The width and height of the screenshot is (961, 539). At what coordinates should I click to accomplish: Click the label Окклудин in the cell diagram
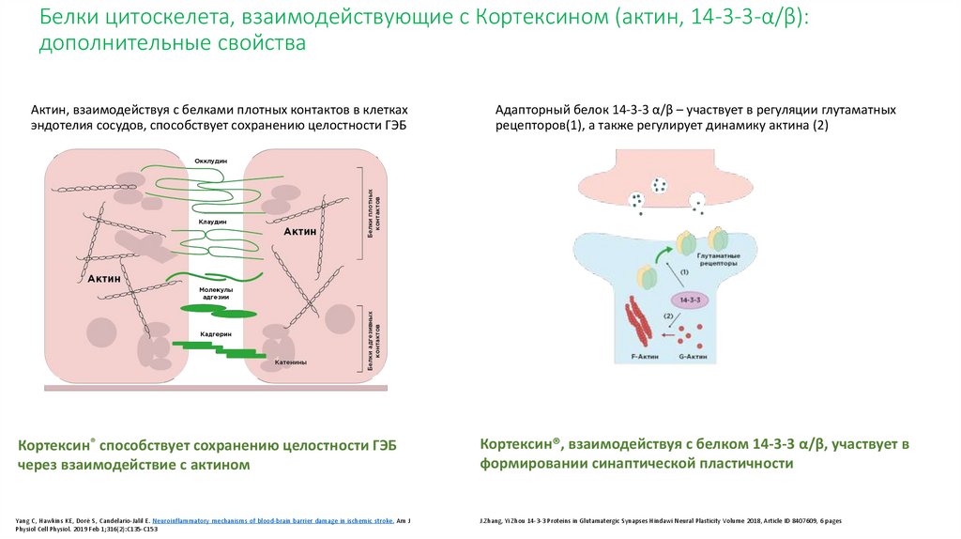[x=211, y=161]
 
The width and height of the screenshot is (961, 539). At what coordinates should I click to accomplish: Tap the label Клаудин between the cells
[x=212, y=222]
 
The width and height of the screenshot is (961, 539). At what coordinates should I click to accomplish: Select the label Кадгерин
[x=215, y=334]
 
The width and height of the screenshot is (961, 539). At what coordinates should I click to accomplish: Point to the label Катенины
[x=291, y=362]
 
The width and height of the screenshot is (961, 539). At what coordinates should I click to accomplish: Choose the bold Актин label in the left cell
[x=104, y=279]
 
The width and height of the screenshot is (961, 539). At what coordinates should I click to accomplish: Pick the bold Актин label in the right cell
[x=299, y=231]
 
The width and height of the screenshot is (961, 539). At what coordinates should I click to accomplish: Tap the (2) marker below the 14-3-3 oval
[x=668, y=316]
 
